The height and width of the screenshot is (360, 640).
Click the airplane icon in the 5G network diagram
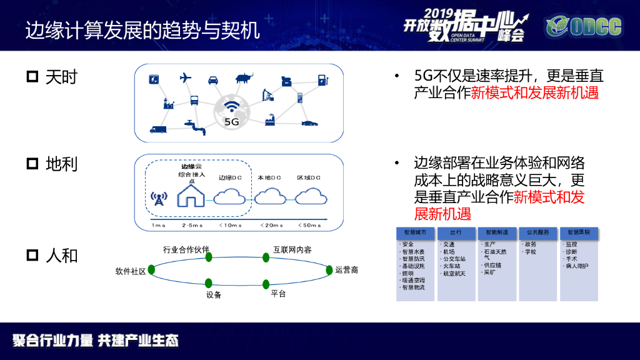185,78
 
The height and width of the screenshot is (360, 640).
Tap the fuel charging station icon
322,79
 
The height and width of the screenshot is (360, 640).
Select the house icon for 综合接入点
191,195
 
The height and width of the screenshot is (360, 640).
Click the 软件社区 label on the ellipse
131,271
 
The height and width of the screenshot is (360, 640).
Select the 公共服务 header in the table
537,232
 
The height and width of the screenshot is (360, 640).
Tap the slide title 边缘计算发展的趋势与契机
142,29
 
